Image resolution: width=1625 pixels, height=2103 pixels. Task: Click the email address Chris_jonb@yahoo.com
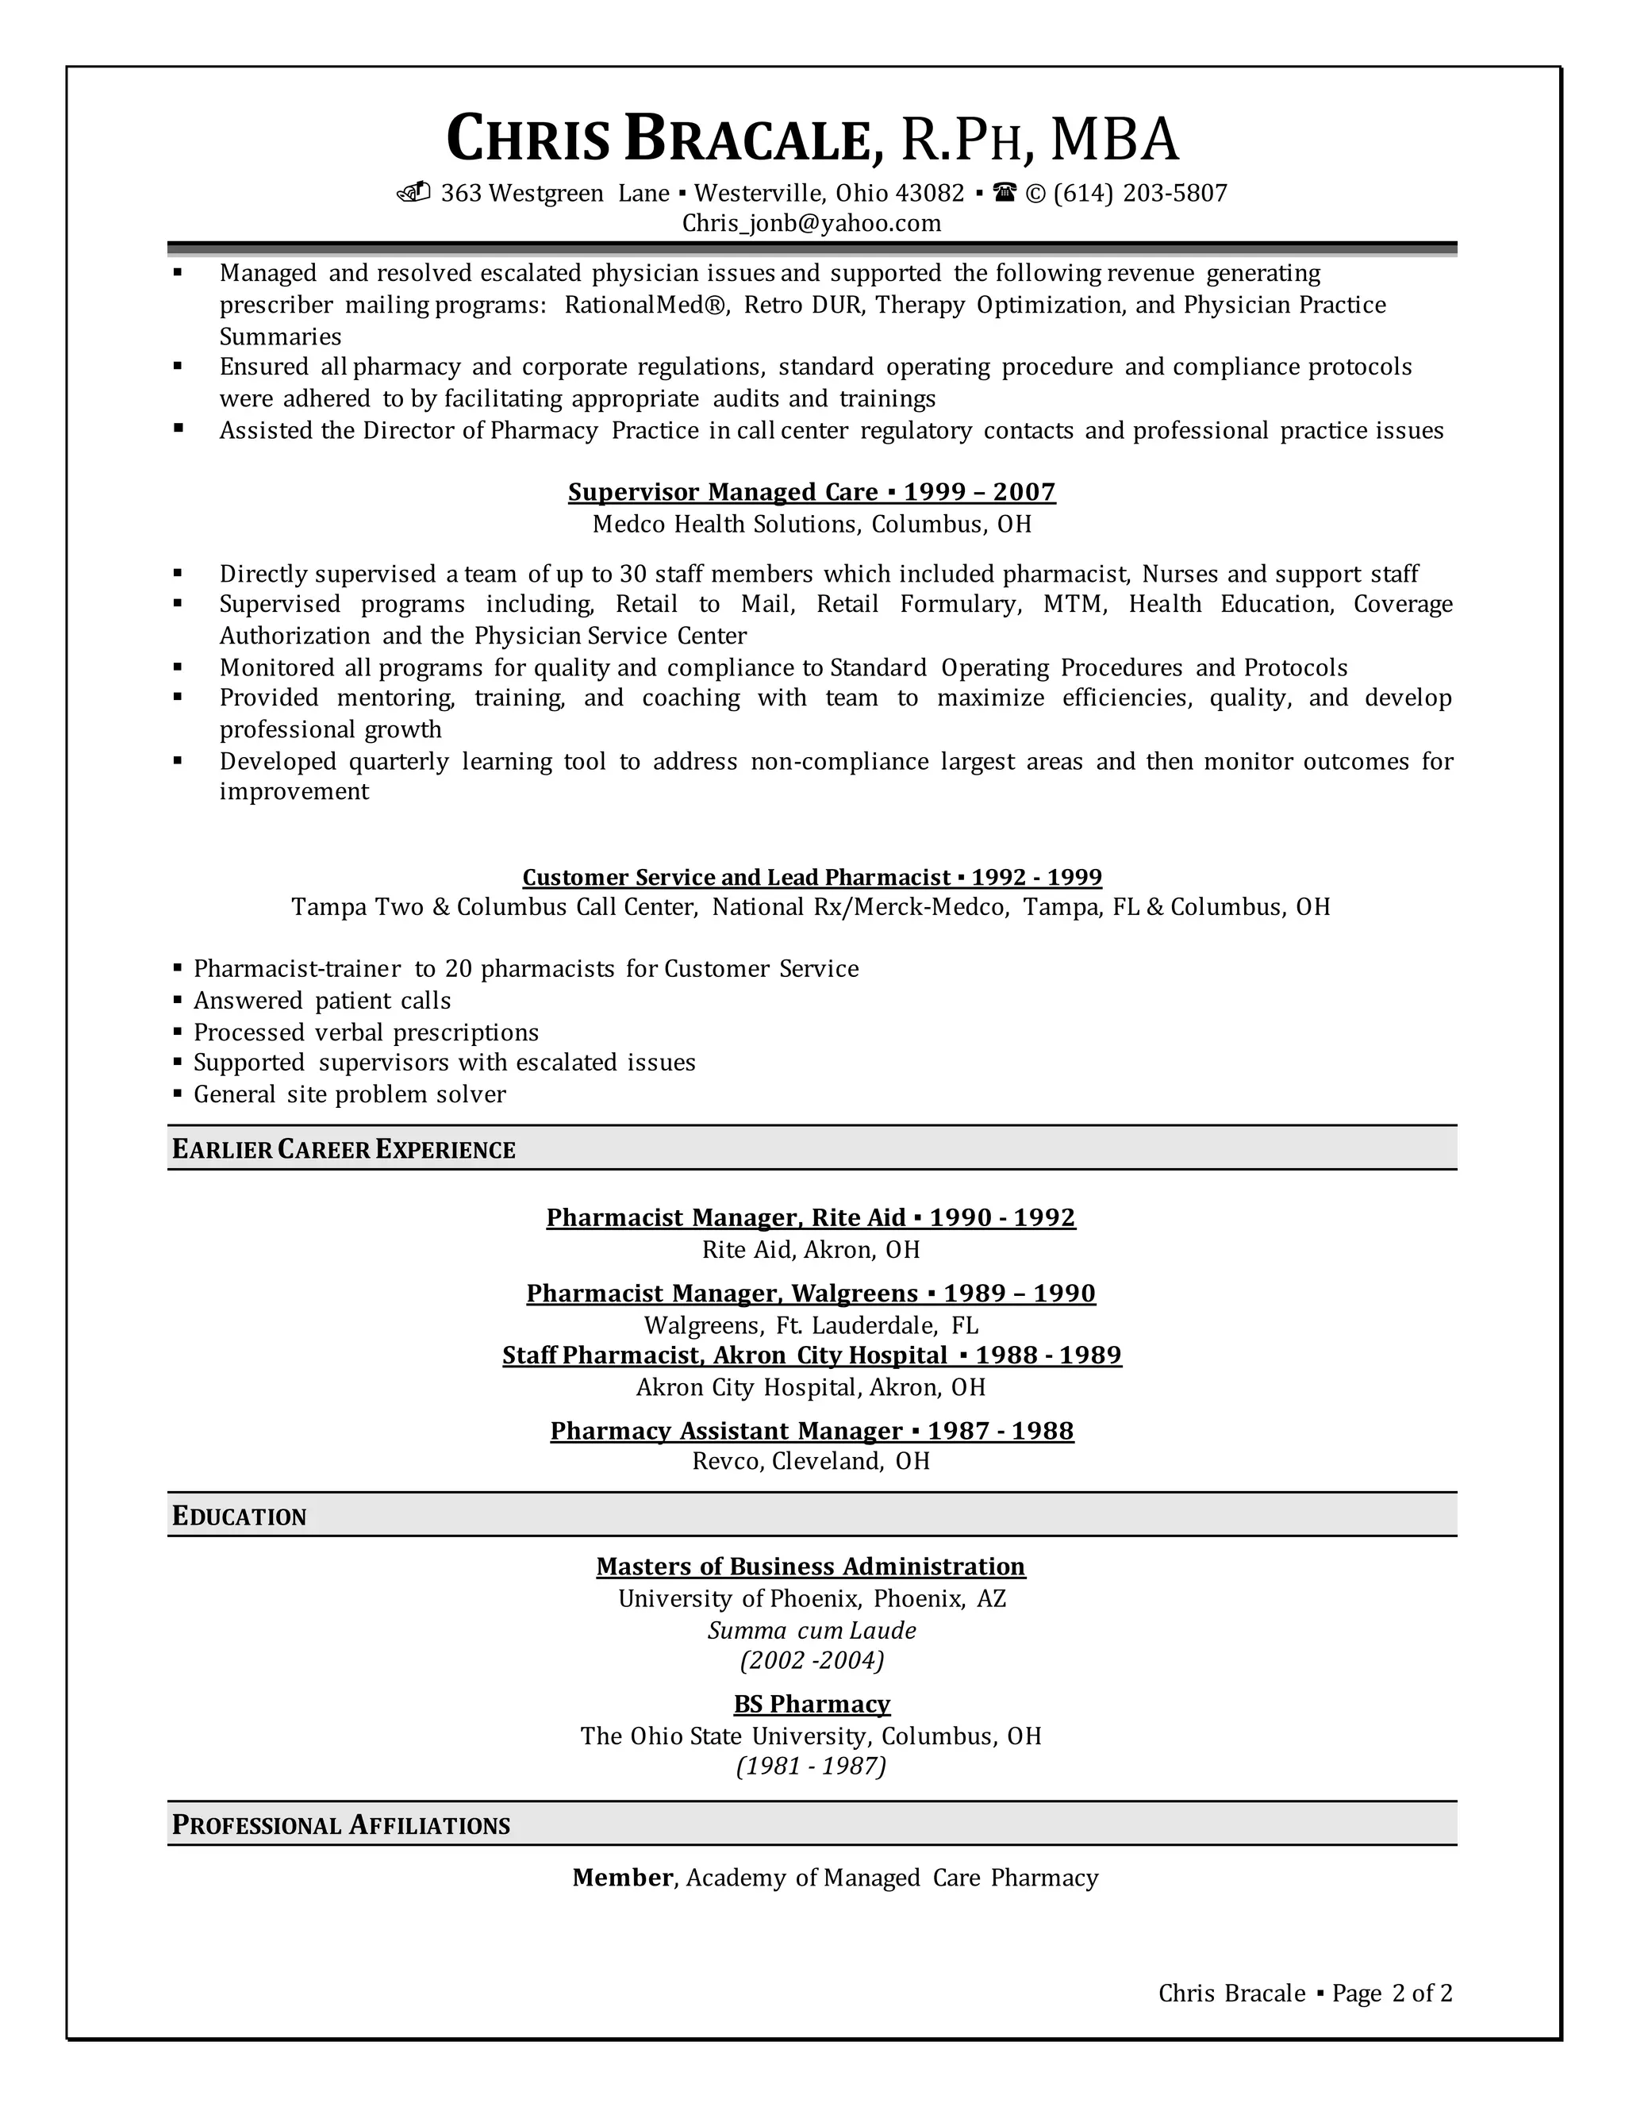click(812, 224)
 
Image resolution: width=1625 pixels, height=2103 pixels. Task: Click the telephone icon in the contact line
click(1005, 193)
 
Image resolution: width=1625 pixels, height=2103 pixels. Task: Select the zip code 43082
click(929, 194)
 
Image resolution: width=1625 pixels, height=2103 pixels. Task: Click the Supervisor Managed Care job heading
click(812, 492)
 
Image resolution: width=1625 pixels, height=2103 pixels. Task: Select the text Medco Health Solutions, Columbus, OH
click(812, 524)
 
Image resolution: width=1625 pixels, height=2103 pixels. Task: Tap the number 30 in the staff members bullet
click(632, 574)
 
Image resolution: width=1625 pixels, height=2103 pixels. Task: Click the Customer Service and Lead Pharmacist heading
click(812, 877)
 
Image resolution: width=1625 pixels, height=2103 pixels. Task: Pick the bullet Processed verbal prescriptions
click(366, 1032)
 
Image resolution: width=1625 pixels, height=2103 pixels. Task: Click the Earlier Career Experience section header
click(344, 1149)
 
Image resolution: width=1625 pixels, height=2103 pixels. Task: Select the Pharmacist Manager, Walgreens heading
click(811, 1294)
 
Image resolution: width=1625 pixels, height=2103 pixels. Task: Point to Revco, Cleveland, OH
click(812, 1461)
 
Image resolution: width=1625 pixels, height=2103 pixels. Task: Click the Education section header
click(239, 1516)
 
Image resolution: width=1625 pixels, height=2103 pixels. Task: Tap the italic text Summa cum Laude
click(812, 1630)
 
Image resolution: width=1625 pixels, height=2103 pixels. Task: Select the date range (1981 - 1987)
click(812, 1766)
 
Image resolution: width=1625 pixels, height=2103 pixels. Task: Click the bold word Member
click(622, 1878)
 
